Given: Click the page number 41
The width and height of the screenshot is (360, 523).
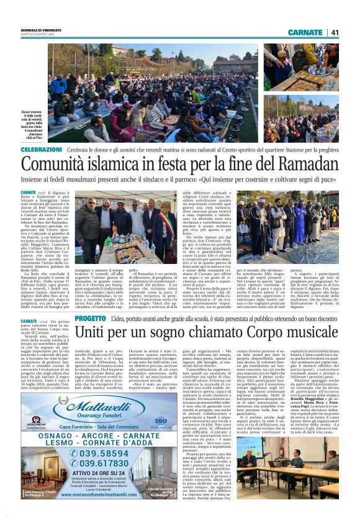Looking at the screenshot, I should pyautogui.click(x=335, y=32).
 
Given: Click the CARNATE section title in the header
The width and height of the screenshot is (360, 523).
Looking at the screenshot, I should pyautogui.click(x=305, y=32).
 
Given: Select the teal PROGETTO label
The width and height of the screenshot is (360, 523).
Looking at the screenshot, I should pyautogui.click(x=90, y=319).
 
